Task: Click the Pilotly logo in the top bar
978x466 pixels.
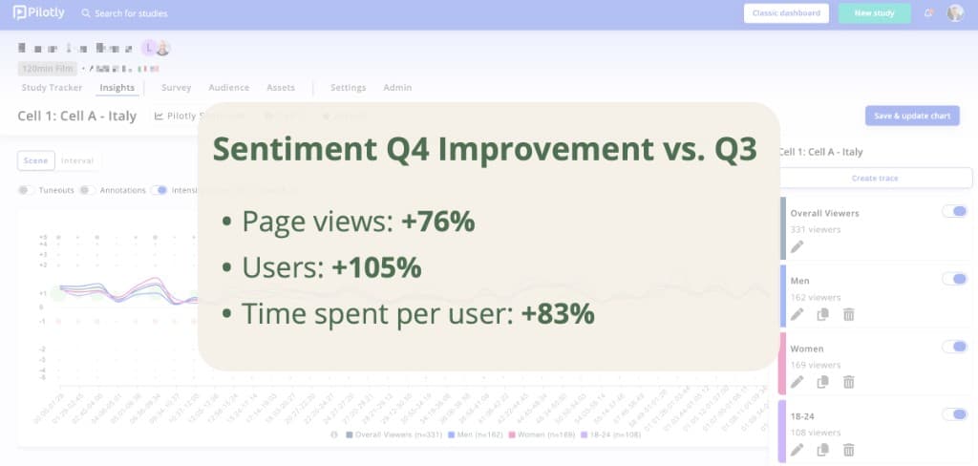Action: tap(40, 13)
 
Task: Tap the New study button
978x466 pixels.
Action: tap(873, 13)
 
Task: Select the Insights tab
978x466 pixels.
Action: tap(117, 88)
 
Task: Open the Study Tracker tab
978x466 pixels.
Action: tap(52, 88)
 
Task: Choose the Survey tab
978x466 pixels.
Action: tap(176, 88)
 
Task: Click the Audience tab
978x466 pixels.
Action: tap(228, 88)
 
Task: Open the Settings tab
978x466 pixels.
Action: tap(348, 88)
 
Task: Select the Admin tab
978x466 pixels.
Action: tap(397, 88)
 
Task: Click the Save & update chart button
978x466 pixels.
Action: tap(911, 116)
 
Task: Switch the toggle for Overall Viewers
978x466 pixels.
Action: tap(953, 211)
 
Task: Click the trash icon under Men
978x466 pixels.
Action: tap(848, 314)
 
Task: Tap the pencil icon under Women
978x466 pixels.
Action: tap(797, 382)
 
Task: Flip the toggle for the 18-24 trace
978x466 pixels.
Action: tap(953, 414)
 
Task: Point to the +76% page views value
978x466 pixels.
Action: tap(437, 222)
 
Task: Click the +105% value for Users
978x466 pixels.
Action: tap(376, 268)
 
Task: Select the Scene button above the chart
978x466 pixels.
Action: tap(35, 161)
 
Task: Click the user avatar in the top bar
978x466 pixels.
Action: tap(955, 13)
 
